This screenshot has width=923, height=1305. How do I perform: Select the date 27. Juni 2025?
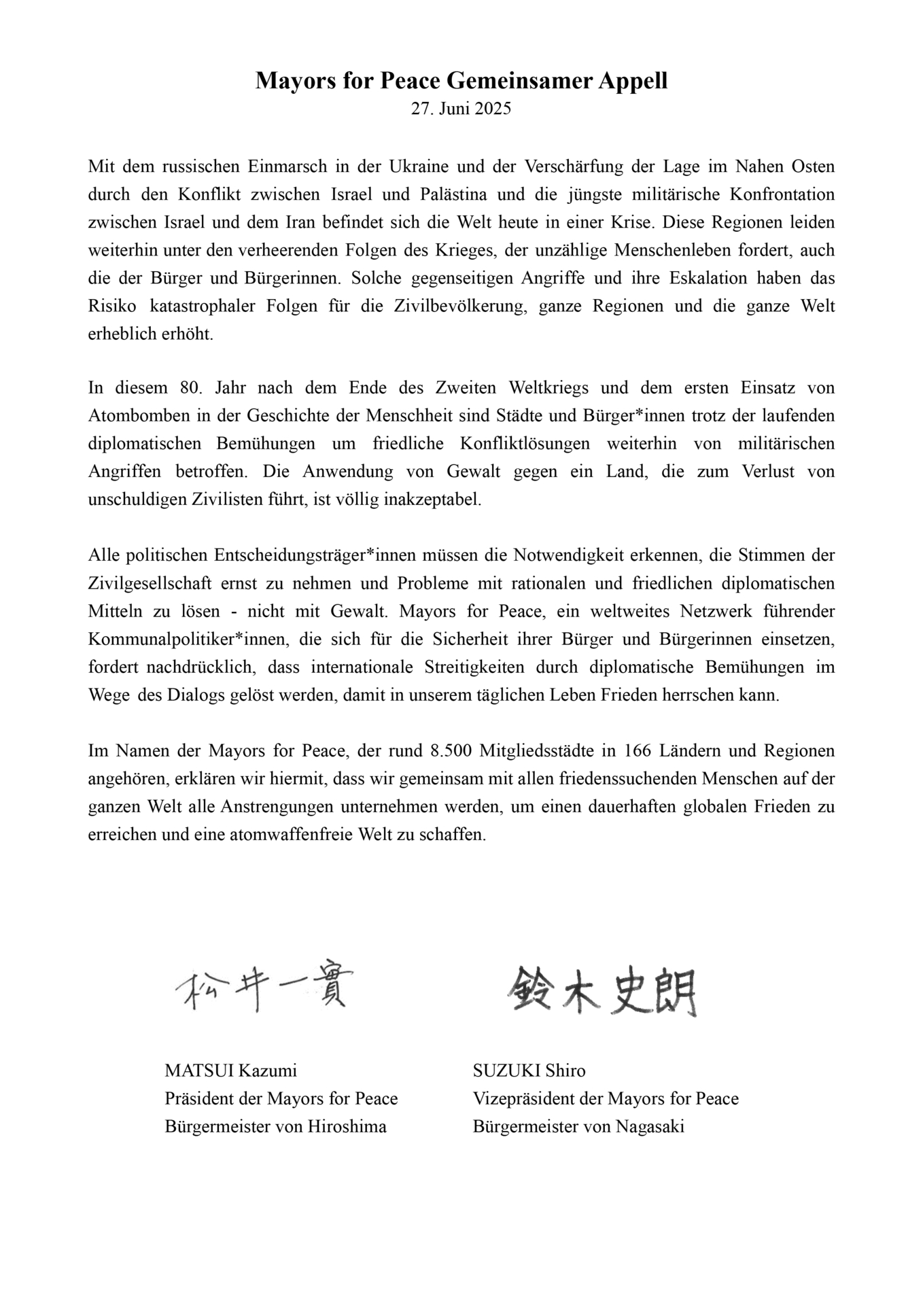point(461,109)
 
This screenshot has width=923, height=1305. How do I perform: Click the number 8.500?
point(451,751)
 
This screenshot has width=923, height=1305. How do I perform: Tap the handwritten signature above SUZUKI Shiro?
point(602,991)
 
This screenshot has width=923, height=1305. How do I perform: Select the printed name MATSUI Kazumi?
point(230,1071)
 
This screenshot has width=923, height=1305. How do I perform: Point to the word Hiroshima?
point(347,1127)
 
